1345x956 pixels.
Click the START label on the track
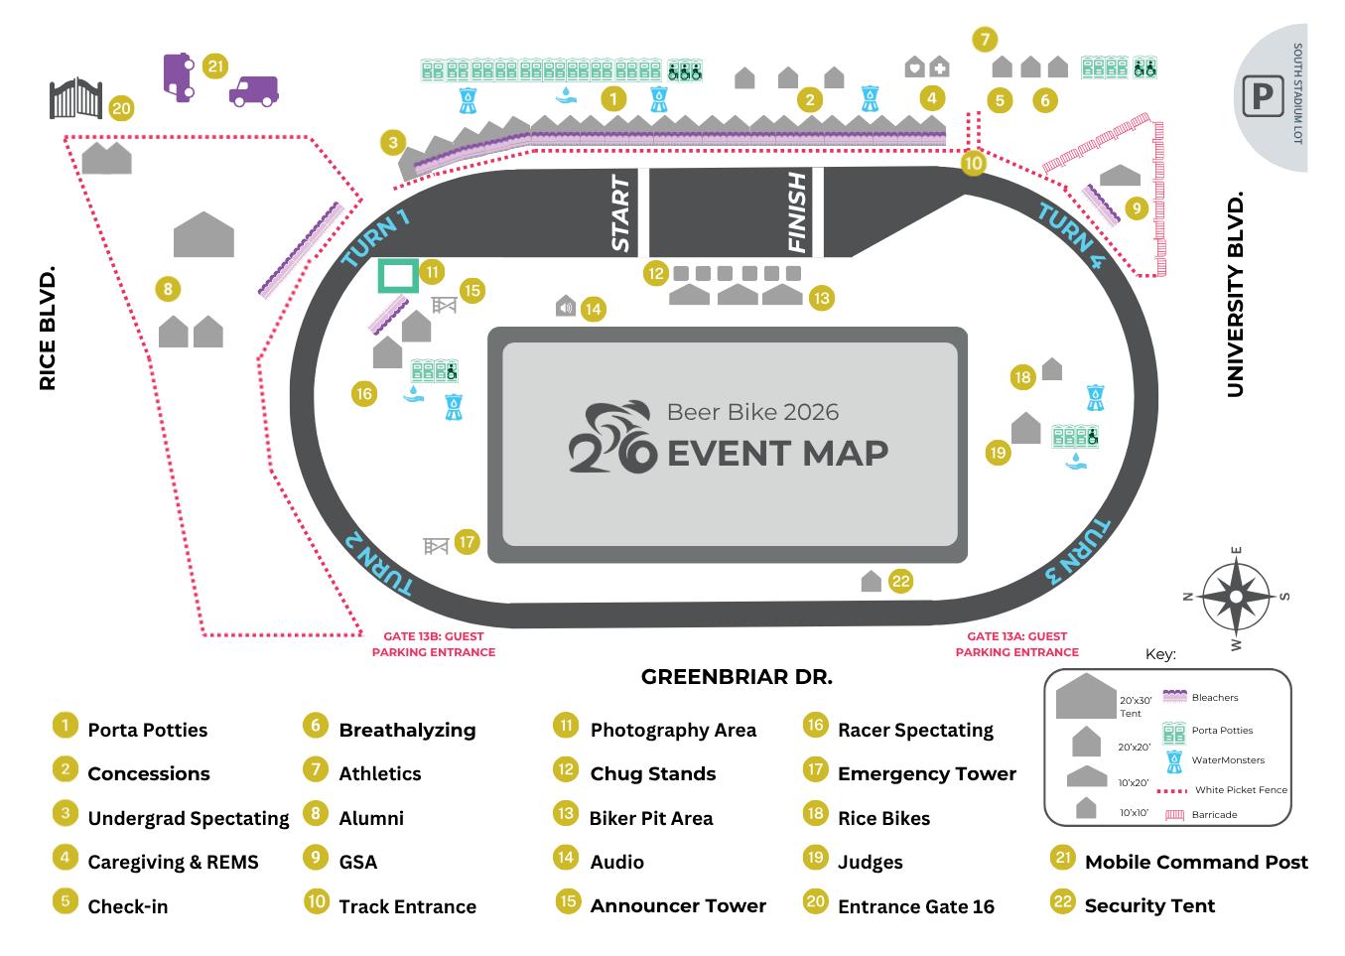coord(620,213)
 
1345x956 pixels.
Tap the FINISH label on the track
coord(797,213)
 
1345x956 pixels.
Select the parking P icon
coord(1262,97)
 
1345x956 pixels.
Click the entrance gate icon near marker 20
coord(75,98)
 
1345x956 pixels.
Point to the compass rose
coord(1236,597)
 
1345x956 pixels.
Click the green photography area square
coord(397,275)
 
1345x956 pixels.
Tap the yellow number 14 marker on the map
coord(593,309)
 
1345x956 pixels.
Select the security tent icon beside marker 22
coord(871,582)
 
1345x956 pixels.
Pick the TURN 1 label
coord(375,239)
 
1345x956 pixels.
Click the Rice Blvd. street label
coord(48,328)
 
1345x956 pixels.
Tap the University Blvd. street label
coord(1236,296)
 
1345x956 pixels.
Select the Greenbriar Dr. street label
coord(737,677)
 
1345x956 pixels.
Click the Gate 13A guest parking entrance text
coord(1016,644)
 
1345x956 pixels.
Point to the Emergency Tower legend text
coord(926,773)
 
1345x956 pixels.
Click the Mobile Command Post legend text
coord(1195,862)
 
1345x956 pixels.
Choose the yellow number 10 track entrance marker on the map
coord(973,163)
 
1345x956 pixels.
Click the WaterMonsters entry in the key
coord(1228,760)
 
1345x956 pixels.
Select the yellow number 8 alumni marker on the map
coord(168,289)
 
